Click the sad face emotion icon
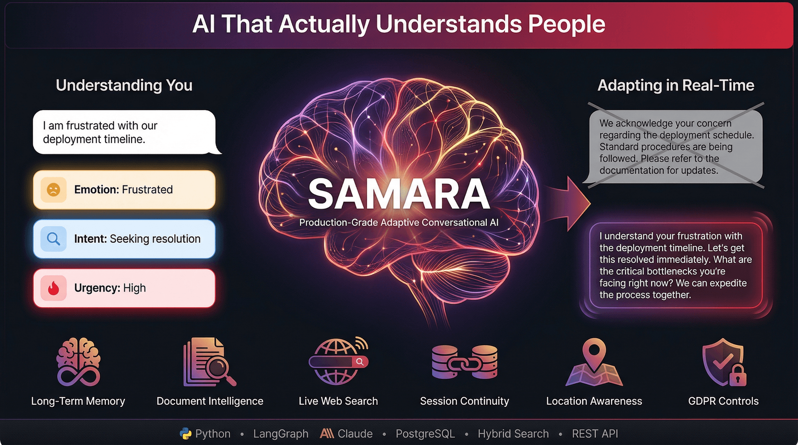53,190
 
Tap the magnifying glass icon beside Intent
53,239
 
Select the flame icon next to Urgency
53,288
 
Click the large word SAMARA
399,194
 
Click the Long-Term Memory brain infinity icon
78,362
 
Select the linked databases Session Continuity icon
464,362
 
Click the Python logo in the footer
185,434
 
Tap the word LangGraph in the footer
281,434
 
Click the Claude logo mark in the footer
327,434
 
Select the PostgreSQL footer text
425,434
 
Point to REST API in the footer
595,434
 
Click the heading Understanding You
124,85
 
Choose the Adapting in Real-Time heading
675,85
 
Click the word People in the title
566,24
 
